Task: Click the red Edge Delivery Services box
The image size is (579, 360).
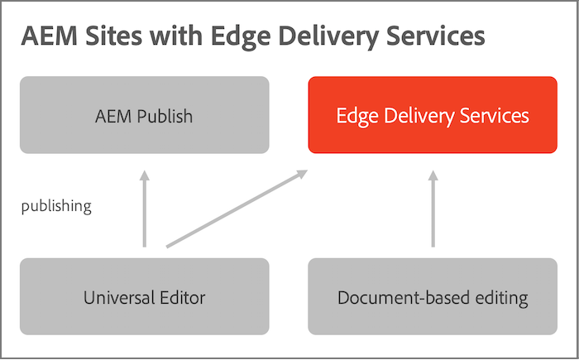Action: pyautogui.click(x=432, y=115)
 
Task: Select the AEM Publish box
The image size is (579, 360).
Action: pyautogui.click(x=144, y=115)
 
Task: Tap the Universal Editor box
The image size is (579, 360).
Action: pyautogui.click(x=144, y=296)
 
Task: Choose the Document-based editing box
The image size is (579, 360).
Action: pyautogui.click(x=432, y=296)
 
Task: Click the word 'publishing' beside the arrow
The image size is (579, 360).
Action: pyautogui.click(x=56, y=206)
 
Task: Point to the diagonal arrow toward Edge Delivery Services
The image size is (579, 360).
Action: pyautogui.click(x=237, y=209)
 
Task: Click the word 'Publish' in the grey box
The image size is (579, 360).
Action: pyautogui.click(x=164, y=116)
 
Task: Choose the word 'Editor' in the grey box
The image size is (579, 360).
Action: pyautogui.click(x=180, y=297)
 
